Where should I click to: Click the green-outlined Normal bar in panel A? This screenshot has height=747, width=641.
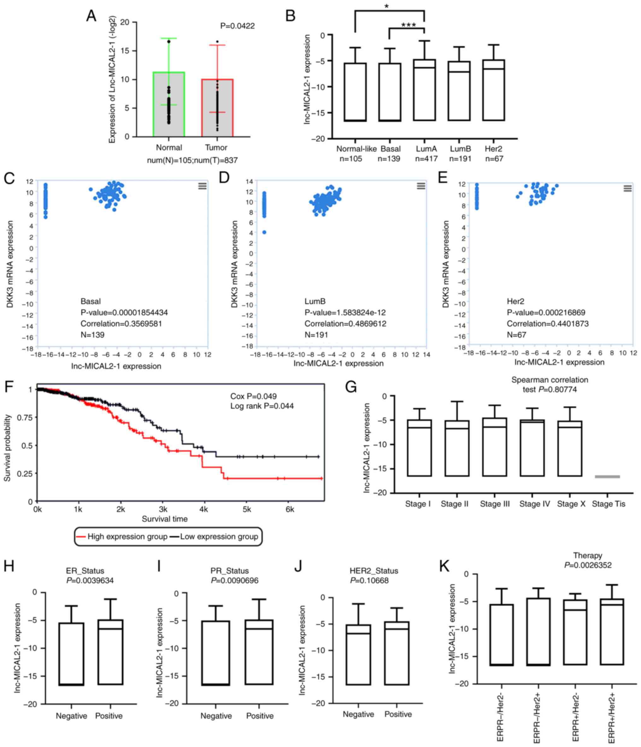click(168, 105)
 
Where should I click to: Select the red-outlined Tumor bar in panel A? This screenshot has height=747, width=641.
click(217, 108)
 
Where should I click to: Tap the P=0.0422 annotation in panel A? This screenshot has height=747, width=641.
click(237, 26)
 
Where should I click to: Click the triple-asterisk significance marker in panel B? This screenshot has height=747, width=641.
click(409, 25)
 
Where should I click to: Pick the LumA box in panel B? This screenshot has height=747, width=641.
click(424, 90)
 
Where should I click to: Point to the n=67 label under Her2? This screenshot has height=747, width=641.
click(494, 158)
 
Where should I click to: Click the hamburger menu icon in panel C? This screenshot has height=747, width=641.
click(203, 186)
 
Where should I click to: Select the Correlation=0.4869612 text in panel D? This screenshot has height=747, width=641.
click(345, 324)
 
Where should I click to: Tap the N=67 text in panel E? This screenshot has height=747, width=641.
click(516, 335)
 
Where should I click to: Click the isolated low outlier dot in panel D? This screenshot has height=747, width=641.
click(264, 232)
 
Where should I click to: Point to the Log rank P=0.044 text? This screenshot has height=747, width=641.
click(262, 406)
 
